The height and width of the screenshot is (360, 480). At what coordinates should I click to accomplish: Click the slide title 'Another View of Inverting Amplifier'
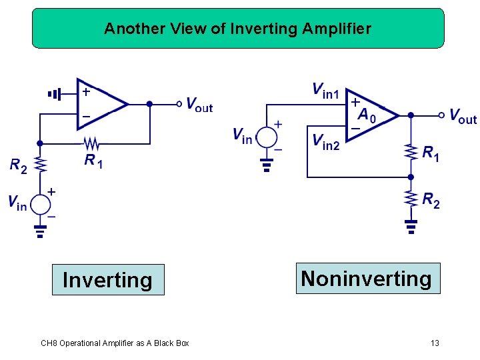click(x=238, y=29)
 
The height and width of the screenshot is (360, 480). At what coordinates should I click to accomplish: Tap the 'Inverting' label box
click(x=107, y=280)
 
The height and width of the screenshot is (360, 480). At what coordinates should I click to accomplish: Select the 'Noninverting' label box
click(x=366, y=278)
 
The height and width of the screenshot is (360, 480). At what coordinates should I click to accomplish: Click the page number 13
click(x=435, y=343)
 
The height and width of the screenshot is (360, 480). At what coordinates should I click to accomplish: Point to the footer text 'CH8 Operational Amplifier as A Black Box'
click(x=115, y=343)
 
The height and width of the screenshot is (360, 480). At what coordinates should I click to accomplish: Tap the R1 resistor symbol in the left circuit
click(x=91, y=143)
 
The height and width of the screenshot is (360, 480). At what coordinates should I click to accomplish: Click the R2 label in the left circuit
click(x=18, y=165)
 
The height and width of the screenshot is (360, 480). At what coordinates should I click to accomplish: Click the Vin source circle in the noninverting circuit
click(x=267, y=137)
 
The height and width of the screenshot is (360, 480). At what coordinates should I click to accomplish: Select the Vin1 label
click(x=325, y=89)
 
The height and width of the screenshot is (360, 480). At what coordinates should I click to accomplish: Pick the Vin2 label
click(x=326, y=141)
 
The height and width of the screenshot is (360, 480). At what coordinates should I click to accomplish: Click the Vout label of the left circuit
click(x=199, y=105)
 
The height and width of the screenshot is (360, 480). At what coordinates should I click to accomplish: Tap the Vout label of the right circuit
click(x=463, y=117)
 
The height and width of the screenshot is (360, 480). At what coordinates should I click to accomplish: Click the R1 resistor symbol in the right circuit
click(x=411, y=151)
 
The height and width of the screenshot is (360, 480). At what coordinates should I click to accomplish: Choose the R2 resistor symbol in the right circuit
click(x=411, y=197)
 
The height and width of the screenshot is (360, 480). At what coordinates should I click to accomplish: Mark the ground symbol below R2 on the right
click(x=411, y=226)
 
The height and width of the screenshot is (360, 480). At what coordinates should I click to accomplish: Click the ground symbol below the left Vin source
click(x=41, y=231)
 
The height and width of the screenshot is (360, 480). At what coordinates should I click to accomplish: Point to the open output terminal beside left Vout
click(x=179, y=103)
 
